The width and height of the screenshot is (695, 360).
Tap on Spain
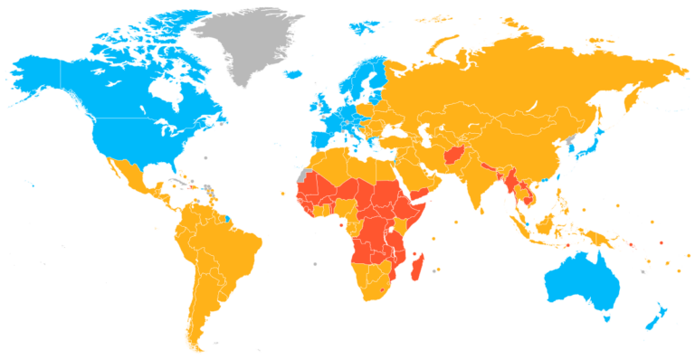[x=319, y=141]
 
